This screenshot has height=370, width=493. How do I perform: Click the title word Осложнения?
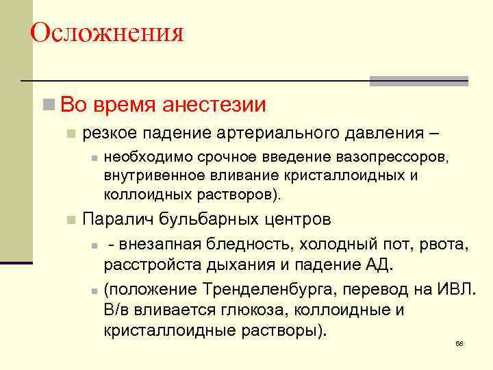108,32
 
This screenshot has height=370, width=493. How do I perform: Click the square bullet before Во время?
49,105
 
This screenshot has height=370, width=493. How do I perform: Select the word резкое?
106,132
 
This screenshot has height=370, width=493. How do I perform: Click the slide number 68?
459,343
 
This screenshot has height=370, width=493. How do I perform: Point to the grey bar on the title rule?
418,80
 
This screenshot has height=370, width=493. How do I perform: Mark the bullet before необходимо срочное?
92,158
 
